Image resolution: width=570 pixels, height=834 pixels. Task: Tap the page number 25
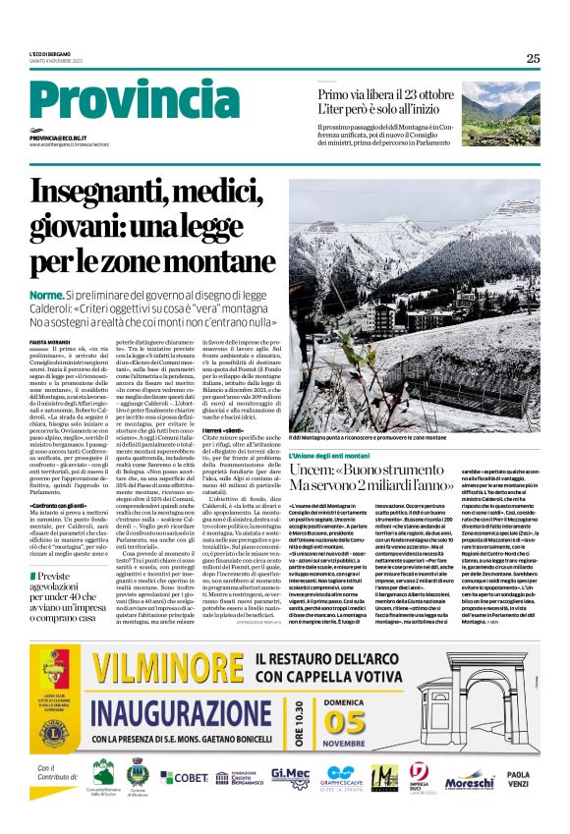coord(533,58)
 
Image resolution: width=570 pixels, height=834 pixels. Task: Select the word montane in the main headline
coord(210,262)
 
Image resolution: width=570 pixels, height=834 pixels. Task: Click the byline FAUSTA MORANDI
coord(50,340)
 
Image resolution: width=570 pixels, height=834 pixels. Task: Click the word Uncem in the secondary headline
coord(311,473)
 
